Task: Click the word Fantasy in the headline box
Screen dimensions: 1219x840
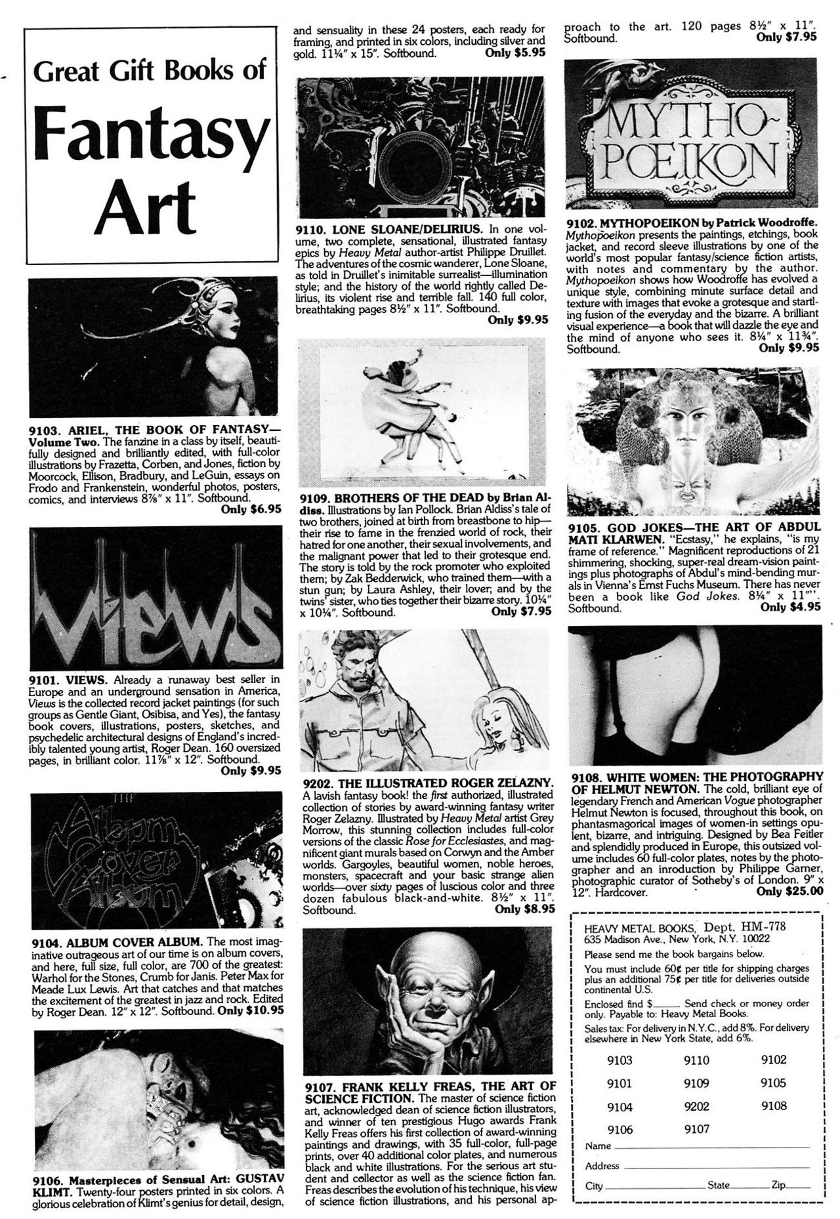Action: (149, 135)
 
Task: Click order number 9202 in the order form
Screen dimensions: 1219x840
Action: (697, 1107)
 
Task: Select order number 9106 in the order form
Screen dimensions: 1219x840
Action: (619, 1130)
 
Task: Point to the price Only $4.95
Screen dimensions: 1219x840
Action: (789, 607)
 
